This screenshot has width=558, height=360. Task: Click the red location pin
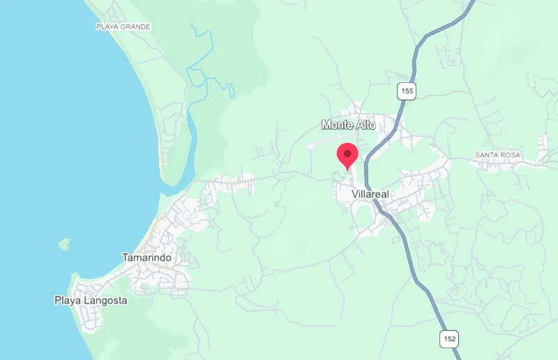coord(347,156)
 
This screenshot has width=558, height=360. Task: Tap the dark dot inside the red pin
coord(347,151)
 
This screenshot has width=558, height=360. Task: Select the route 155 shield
coord(407,90)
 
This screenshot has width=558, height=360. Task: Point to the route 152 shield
coord(449,339)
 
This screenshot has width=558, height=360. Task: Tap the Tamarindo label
coord(146,257)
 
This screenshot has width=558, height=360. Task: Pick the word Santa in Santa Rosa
coord(485,154)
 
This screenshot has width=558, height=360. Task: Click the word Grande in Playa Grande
coord(137,27)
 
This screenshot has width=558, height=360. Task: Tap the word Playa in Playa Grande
coord(107,27)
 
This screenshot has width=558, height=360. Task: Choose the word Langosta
coord(105,301)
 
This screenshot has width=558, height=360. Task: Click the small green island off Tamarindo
coord(64,244)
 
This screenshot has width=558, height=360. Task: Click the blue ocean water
coord(56,140)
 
